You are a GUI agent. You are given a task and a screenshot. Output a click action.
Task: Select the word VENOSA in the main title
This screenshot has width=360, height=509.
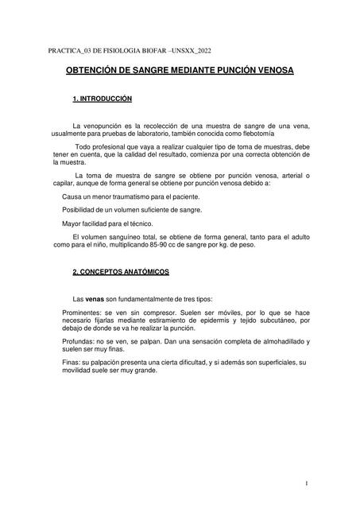coord(271,71)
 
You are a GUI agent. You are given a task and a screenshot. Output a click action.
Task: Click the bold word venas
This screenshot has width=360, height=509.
coord(95,298)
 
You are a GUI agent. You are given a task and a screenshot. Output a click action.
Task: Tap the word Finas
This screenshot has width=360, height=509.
coord(71,363)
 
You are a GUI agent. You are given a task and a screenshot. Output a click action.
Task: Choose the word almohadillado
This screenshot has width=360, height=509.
coord(276,341)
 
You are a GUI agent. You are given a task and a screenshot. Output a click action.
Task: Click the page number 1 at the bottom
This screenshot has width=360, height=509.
coord(306,483)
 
